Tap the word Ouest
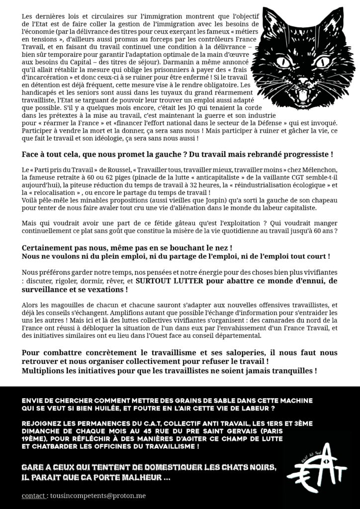(189, 336)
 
